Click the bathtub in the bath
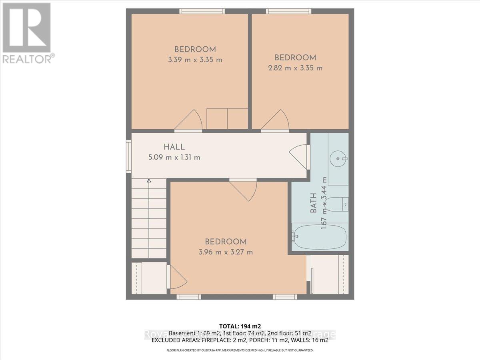click(x=320, y=237)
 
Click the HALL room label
click(x=174, y=147)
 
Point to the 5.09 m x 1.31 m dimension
click(x=174, y=157)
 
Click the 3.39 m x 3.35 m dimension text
click(x=195, y=60)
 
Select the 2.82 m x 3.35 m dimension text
click(x=295, y=68)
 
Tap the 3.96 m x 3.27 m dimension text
click(x=226, y=252)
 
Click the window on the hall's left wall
click(x=129, y=156)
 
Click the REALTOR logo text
click(x=28, y=59)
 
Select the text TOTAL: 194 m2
click(x=240, y=326)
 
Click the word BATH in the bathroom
click(x=313, y=203)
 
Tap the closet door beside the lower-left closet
click(x=177, y=277)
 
